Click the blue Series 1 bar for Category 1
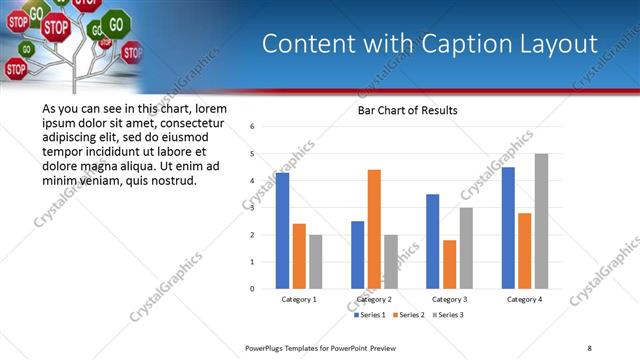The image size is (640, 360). tap(282, 231)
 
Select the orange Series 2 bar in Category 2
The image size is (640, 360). tap(374, 229)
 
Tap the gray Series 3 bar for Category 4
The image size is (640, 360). tap(541, 221)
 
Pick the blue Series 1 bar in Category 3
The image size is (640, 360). tap(432, 241)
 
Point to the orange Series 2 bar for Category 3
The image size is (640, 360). tap(449, 264)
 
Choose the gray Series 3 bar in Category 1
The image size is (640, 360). tap(316, 262)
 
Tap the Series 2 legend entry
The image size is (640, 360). tap(411, 315)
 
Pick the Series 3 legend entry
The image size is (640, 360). tap(448, 315)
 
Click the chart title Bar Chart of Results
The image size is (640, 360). tap(407, 110)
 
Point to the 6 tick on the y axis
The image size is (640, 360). tap(253, 127)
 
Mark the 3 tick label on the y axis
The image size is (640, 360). tap(253, 208)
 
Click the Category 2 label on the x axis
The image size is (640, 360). tap(374, 299)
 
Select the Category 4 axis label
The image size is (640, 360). tap(524, 299)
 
